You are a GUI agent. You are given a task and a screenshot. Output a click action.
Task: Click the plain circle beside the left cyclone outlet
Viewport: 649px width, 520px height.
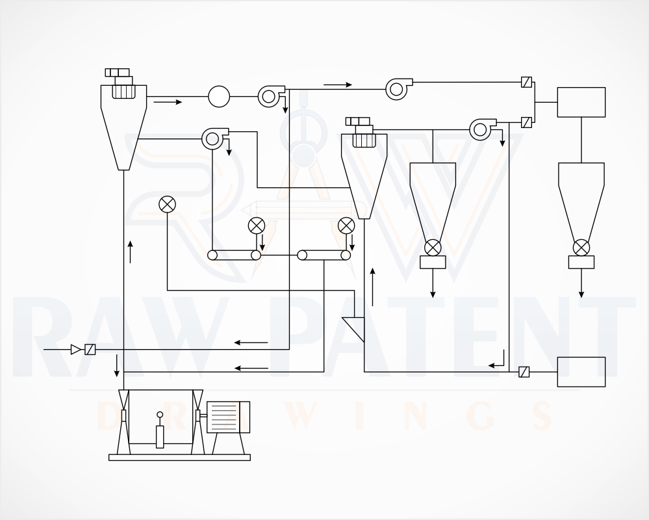pyautogui.click(x=219, y=96)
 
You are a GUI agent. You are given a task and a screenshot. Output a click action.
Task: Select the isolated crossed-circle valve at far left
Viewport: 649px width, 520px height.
pyautogui.click(x=167, y=204)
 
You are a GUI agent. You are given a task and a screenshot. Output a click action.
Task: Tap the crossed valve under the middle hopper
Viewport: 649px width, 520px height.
pyautogui.click(x=433, y=248)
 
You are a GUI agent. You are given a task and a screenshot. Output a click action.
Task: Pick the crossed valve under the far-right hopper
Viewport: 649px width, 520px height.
pyautogui.click(x=581, y=248)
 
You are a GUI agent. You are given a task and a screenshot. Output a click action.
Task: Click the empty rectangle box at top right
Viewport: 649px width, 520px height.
pyautogui.click(x=581, y=102)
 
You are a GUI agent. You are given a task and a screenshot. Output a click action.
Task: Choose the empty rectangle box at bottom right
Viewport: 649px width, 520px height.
pyautogui.click(x=581, y=372)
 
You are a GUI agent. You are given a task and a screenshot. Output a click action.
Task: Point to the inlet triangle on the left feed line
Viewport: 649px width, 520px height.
pyautogui.click(x=76, y=350)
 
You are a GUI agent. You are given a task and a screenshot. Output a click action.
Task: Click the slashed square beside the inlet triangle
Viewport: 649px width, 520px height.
pyautogui.click(x=90, y=350)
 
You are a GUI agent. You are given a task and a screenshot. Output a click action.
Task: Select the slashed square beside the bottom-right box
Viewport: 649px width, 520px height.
pyautogui.click(x=524, y=372)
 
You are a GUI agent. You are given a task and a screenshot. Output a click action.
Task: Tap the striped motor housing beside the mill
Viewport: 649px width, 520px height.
pyautogui.click(x=228, y=417)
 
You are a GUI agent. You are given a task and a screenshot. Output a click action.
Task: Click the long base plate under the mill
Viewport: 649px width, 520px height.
pyautogui.click(x=180, y=457)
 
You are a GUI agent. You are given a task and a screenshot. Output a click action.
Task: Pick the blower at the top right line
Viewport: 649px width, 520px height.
pyautogui.click(x=399, y=89)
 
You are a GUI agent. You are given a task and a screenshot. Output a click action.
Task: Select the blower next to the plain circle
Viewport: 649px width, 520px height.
pyautogui.click(x=271, y=96)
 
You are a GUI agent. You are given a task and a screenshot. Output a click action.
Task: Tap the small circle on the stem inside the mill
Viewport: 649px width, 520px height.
pyautogui.click(x=160, y=415)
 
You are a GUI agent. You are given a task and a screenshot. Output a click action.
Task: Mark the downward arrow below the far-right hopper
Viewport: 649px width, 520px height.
pyautogui.click(x=581, y=283)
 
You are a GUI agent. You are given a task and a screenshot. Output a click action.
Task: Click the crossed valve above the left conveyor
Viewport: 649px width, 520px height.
pyautogui.click(x=256, y=226)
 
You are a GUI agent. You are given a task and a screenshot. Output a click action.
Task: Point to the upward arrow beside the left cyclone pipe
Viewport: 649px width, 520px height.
pyautogui.click(x=131, y=252)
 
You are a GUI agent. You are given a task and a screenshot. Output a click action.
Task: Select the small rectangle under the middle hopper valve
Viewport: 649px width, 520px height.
pyautogui.click(x=433, y=262)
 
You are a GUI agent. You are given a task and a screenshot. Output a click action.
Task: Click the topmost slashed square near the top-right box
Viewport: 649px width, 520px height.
pyautogui.click(x=526, y=82)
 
